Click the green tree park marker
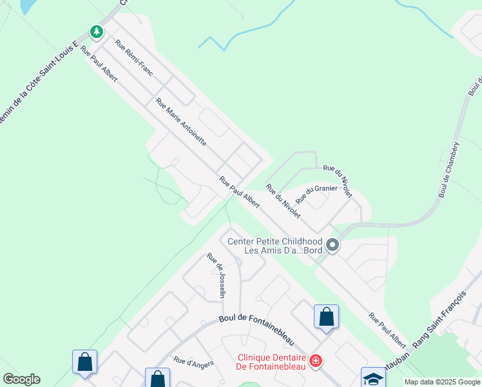point(97,31)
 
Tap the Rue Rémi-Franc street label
point(133,58)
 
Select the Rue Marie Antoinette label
point(181,121)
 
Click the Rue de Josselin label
point(217,275)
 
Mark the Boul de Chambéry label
point(448,170)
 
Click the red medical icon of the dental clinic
point(315,361)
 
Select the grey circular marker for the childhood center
point(333,245)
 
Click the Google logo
point(21,379)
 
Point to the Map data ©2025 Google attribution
point(443,382)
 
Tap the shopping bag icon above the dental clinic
point(326,317)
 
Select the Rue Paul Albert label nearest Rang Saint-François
point(387,330)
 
